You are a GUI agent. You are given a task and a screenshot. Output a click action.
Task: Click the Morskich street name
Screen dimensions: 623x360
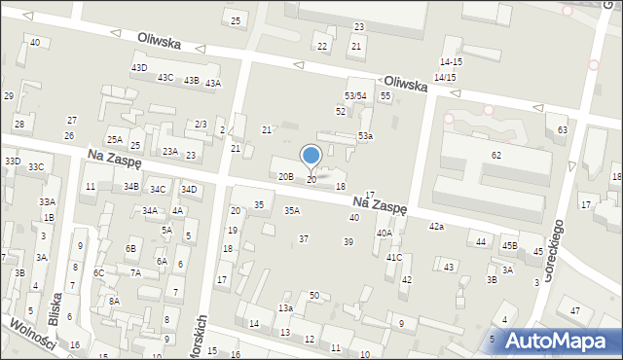[x=203, y=335]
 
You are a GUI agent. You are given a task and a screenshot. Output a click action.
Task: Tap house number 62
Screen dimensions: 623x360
[x=496, y=156]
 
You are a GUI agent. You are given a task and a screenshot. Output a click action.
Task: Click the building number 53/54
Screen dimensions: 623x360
[x=355, y=95]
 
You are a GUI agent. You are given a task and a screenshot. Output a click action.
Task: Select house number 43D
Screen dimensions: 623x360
[x=139, y=67]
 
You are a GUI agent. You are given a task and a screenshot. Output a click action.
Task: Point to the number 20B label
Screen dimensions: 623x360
[x=285, y=177]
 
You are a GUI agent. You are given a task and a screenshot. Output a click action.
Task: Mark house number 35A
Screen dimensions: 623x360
[x=291, y=210]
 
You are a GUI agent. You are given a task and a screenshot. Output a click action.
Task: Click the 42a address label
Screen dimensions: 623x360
[x=436, y=227]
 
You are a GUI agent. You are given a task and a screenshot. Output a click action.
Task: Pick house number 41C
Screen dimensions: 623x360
[x=394, y=258]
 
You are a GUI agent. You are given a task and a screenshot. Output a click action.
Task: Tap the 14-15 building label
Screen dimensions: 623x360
[x=451, y=62]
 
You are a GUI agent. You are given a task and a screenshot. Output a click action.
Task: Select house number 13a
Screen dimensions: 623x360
[x=285, y=308]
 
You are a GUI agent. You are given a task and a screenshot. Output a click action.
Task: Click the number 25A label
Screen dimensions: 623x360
[x=114, y=140]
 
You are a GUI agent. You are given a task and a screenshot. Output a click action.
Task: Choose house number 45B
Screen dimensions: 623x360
[x=509, y=246]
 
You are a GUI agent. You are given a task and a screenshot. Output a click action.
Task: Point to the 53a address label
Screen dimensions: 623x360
[x=365, y=136]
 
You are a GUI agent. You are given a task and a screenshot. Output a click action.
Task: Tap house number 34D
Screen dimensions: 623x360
[x=189, y=190]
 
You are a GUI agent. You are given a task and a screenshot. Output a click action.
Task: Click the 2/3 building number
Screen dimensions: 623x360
[x=201, y=124]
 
